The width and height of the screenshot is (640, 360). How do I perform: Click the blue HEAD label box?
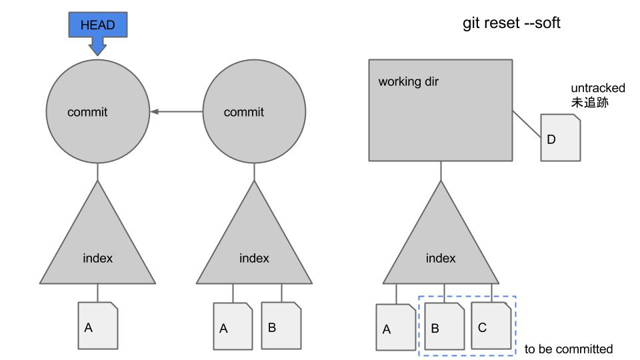[97, 25]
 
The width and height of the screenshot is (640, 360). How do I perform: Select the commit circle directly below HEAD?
[97, 111]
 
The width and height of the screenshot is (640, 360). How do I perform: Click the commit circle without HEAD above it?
[254, 111]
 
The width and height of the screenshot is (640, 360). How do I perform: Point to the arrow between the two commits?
[176, 111]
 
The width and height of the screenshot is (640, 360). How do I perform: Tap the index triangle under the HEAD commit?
[97, 250]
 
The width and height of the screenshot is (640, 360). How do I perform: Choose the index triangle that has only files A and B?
[254, 250]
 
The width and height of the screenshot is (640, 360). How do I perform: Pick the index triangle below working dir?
[441, 250]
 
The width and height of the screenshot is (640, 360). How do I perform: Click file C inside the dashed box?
[491, 325]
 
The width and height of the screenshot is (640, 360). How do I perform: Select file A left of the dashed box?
[396, 327]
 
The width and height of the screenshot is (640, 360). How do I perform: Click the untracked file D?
[560, 137]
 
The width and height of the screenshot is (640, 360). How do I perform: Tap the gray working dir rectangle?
[441, 110]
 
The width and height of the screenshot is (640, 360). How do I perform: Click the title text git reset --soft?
[511, 23]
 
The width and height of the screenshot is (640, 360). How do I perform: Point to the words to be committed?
[568, 349]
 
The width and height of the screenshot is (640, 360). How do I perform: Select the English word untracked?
[597, 88]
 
